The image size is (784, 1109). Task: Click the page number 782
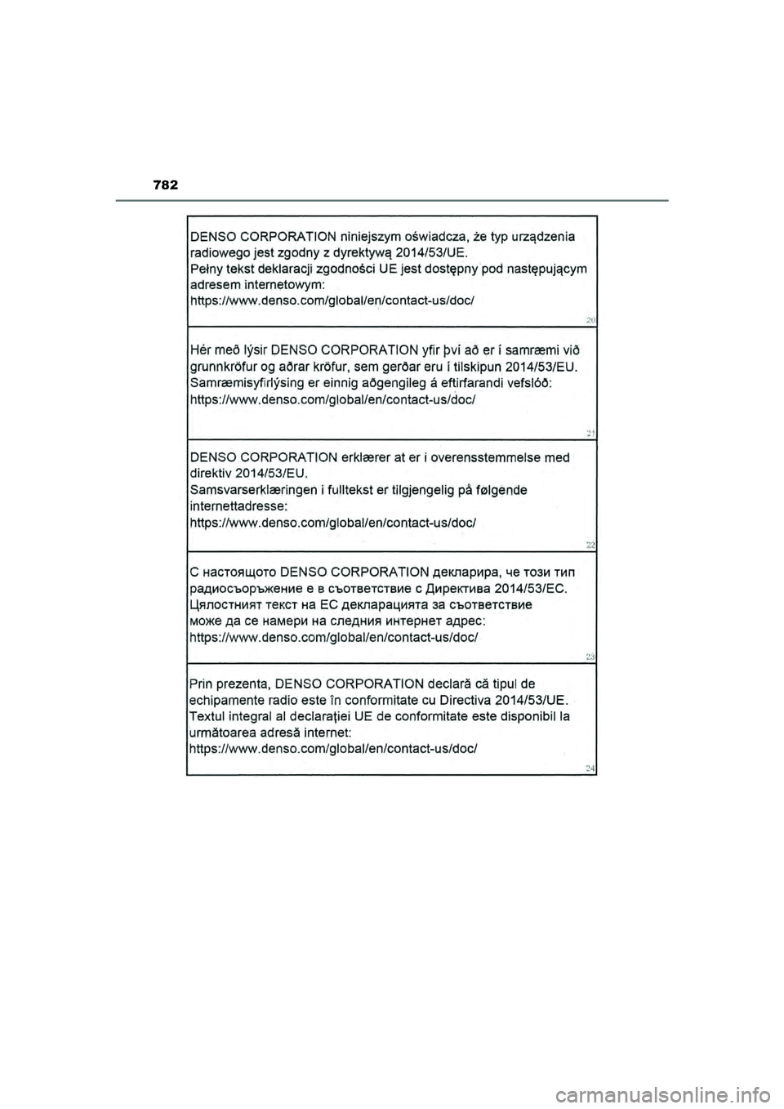[x=166, y=185]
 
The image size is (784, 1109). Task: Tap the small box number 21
[x=590, y=432]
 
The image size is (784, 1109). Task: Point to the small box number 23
[x=590, y=655]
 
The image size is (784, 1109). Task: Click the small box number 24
[x=590, y=767]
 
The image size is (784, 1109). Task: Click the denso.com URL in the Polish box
[x=332, y=301]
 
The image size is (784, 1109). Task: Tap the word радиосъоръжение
[x=246, y=588]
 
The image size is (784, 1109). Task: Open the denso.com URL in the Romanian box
[x=334, y=748]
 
